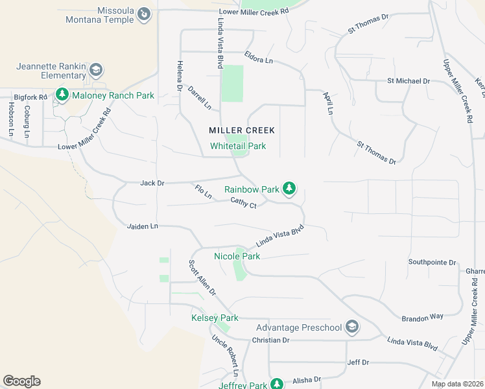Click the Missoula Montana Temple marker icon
pos(145,14)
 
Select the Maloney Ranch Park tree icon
pos(62,95)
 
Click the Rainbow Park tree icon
pos(289,189)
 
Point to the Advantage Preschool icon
pos(352,327)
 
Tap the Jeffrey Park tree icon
pos(277,384)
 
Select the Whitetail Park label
pos(238,146)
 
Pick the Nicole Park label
pos(237,256)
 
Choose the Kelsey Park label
pos(215,318)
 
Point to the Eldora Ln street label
pos(259,59)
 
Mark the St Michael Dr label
pos(408,81)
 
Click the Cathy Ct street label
pos(244,203)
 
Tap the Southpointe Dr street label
pos(432,262)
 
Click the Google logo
pos(21,381)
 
